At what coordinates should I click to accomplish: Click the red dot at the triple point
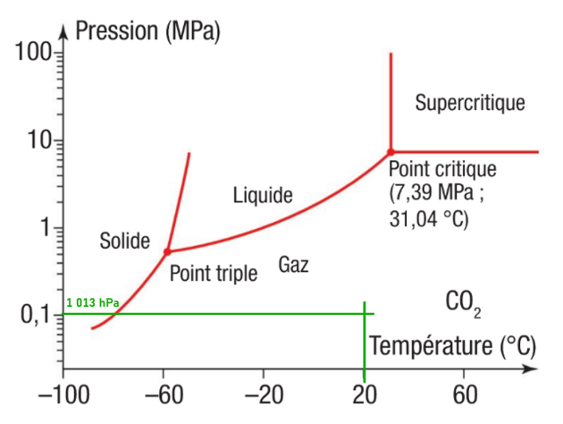point(167,252)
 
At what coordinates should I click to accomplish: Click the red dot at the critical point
point(391,152)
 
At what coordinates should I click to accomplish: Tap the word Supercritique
point(469,103)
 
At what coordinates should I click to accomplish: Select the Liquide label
point(263,194)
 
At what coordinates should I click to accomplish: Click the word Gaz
point(293,265)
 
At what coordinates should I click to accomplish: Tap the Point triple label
point(213,273)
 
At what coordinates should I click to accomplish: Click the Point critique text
point(441,169)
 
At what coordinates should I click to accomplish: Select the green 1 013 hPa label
point(93,303)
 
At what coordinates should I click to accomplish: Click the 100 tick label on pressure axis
point(34,53)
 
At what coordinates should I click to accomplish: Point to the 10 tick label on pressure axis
point(40,140)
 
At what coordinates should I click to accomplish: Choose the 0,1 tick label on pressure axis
point(37,315)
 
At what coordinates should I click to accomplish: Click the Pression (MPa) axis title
point(147,31)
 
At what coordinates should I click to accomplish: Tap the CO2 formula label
point(463,304)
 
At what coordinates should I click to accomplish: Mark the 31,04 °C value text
point(429,217)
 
